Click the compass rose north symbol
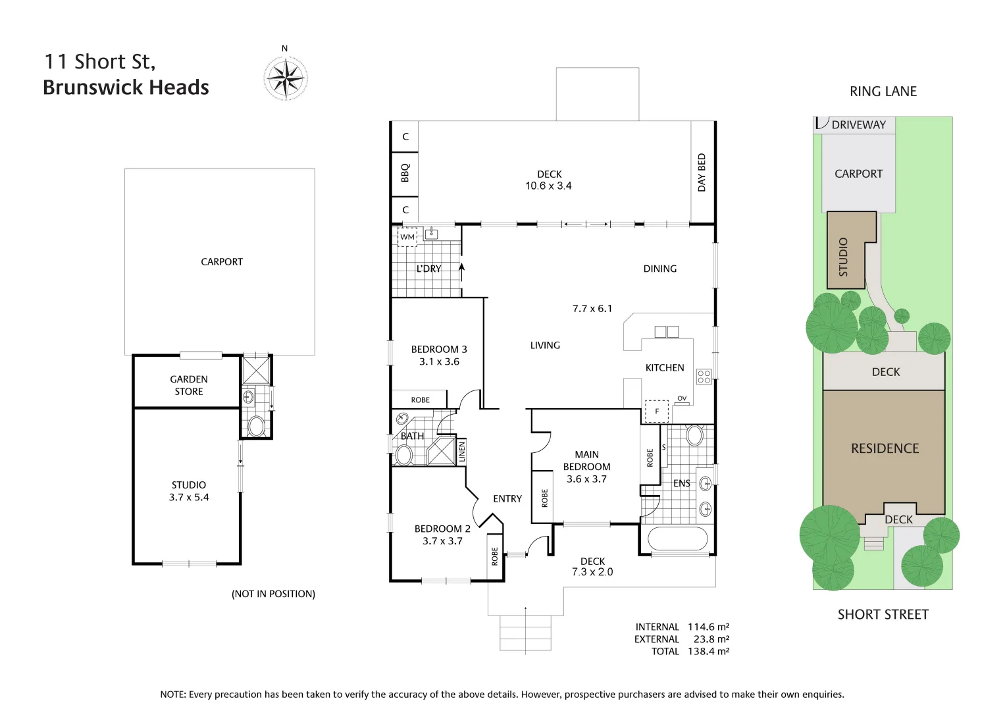(286, 78)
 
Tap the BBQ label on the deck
(405, 172)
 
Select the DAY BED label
(702, 172)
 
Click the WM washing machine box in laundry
(407, 237)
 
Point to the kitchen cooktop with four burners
(704, 377)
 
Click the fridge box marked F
(656, 411)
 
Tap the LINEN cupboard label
(461, 452)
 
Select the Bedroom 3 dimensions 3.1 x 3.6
(439, 361)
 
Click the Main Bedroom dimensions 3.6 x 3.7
(586, 479)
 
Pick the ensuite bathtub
(677, 539)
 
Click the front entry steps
(525, 633)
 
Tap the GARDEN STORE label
(189, 385)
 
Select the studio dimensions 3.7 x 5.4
(189, 498)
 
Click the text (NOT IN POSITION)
(273, 594)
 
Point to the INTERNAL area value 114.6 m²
(708, 627)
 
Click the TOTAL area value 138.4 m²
(708, 651)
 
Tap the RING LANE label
(883, 92)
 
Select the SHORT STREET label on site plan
(883, 614)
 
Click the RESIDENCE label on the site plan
(885, 448)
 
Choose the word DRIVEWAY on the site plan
(858, 124)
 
